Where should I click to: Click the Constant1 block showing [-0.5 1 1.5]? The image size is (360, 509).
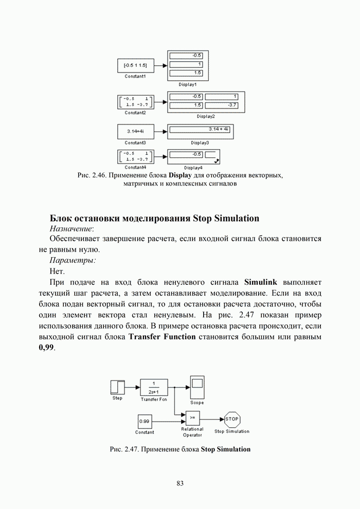click(135, 66)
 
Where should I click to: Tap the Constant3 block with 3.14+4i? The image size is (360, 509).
click(135, 131)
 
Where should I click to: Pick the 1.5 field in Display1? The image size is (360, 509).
click(187, 73)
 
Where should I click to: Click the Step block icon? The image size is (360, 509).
click(117, 387)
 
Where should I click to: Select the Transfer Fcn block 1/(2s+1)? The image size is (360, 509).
click(154, 387)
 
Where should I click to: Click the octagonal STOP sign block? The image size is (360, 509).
click(232, 419)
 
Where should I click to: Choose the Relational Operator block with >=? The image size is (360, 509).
click(192, 417)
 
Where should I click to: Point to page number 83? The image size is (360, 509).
click(180, 483)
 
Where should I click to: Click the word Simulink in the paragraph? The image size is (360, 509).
click(261, 282)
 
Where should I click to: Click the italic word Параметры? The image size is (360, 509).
click(72, 260)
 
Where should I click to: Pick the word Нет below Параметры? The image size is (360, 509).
click(57, 271)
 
